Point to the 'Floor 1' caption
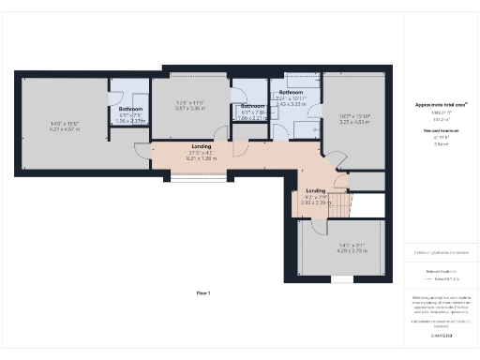click(203, 294)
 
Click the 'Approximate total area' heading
click(442, 105)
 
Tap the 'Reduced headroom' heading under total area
click(442, 131)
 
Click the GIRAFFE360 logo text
click(442, 335)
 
